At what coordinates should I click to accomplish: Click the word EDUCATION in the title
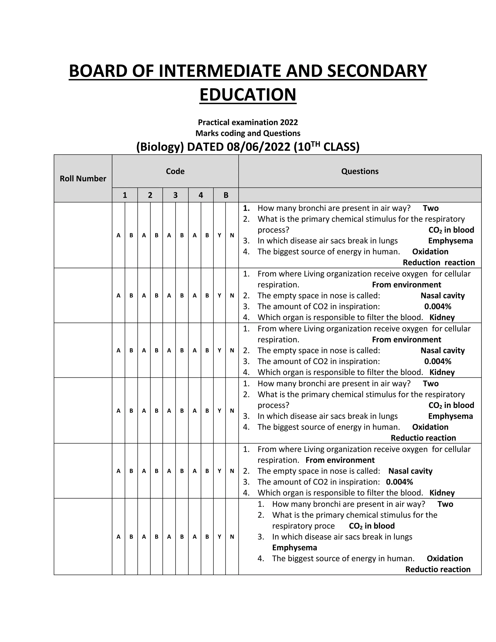(x=248, y=95)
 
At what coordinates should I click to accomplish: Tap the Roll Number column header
(x=83, y=179)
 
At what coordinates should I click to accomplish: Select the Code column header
(x=175, y=171)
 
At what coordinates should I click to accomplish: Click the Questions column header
(x=360, y=171)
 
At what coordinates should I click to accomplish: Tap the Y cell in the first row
(x=219, y=235)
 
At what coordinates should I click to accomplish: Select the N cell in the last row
(x=232, y=536)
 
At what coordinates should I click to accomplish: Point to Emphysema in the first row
(x=450, y=241)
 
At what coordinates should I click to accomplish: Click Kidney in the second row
(x=442, y=317)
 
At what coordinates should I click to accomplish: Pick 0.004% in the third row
(x=438, y=361)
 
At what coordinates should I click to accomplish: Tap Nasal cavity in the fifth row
(x=410, y=471)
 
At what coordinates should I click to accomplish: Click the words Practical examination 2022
(x=248, y=122)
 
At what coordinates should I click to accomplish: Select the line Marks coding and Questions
(x=248, y=133)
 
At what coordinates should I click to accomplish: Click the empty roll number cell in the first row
(x=83, y=235)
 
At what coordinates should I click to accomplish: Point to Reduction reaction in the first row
(x=438, y=263)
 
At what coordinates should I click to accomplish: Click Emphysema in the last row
(x=294, y=547)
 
